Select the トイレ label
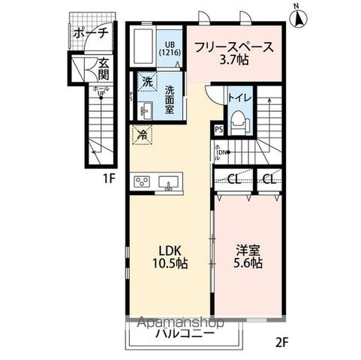238,97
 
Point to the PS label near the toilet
218,130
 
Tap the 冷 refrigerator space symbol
140,135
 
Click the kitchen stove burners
143,181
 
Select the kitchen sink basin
170,181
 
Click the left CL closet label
233,179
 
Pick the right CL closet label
269,179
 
